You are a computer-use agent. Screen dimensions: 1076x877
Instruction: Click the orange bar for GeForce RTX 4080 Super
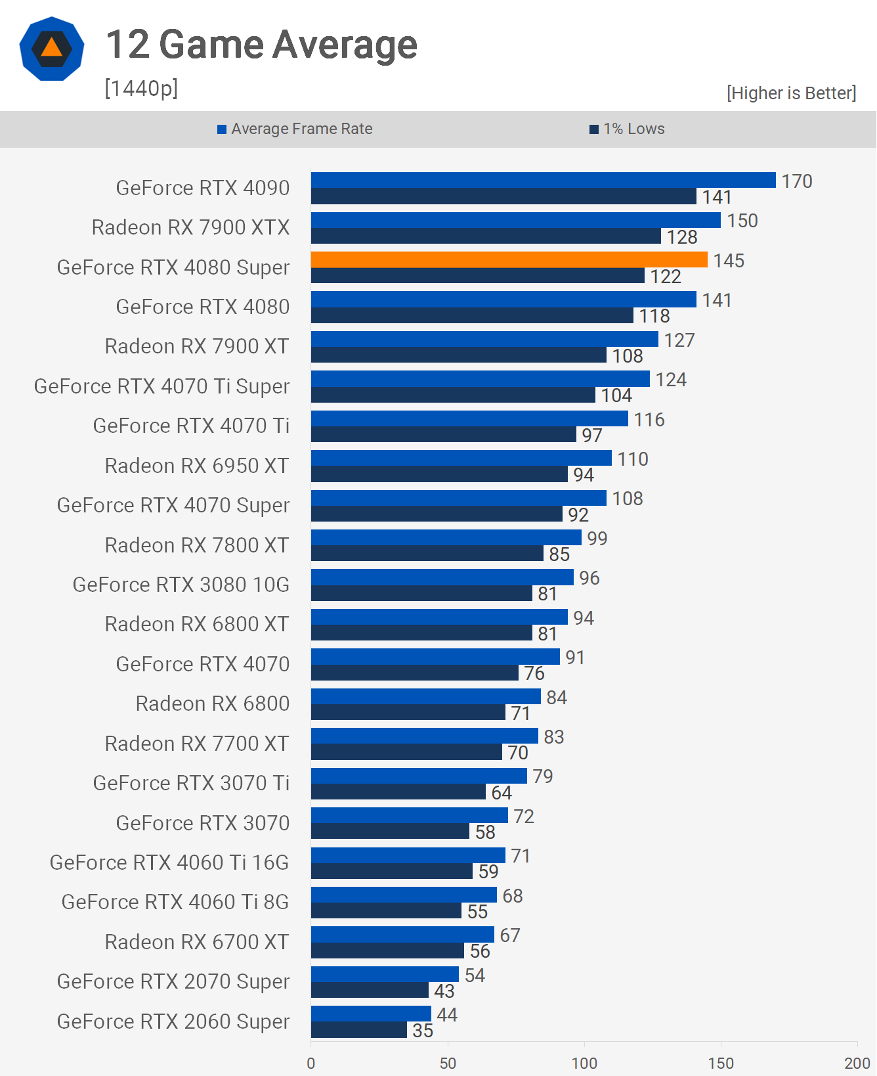click(509, 259)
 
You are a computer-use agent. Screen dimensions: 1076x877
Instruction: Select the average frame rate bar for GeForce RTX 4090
click(543, 180)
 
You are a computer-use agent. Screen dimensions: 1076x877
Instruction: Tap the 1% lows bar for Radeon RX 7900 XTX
click(486, 236)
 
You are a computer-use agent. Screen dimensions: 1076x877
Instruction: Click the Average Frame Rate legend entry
click(295, 129)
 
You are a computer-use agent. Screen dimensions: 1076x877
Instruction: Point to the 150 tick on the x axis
click(721, 1063)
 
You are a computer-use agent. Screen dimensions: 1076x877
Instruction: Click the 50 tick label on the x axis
click(448, 1063)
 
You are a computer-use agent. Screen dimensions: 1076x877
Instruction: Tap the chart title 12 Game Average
click(261, 45)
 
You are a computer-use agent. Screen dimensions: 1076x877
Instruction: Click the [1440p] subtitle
click(141, 87)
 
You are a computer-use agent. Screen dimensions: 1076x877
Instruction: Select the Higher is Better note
click(791, 93)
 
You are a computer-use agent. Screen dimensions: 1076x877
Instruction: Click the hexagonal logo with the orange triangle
click(52, 49)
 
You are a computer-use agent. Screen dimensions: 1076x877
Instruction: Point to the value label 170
click(797, 181)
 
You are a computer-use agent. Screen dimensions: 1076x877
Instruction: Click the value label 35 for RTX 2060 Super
click(423, 1030)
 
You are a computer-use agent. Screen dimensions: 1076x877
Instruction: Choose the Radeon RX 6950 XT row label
click(197, 466)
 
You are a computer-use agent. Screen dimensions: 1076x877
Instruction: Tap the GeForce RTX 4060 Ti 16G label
click(169, 863)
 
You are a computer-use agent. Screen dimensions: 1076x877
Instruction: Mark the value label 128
click(682, 237)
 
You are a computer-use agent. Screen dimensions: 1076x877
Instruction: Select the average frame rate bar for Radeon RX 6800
click(425, 696)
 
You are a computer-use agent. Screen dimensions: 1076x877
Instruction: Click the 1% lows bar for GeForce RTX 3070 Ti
click(398, 792)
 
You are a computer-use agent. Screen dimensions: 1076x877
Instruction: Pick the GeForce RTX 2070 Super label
click(173, 981)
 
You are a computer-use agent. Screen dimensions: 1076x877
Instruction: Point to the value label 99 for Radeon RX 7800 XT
click(597, 539)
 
